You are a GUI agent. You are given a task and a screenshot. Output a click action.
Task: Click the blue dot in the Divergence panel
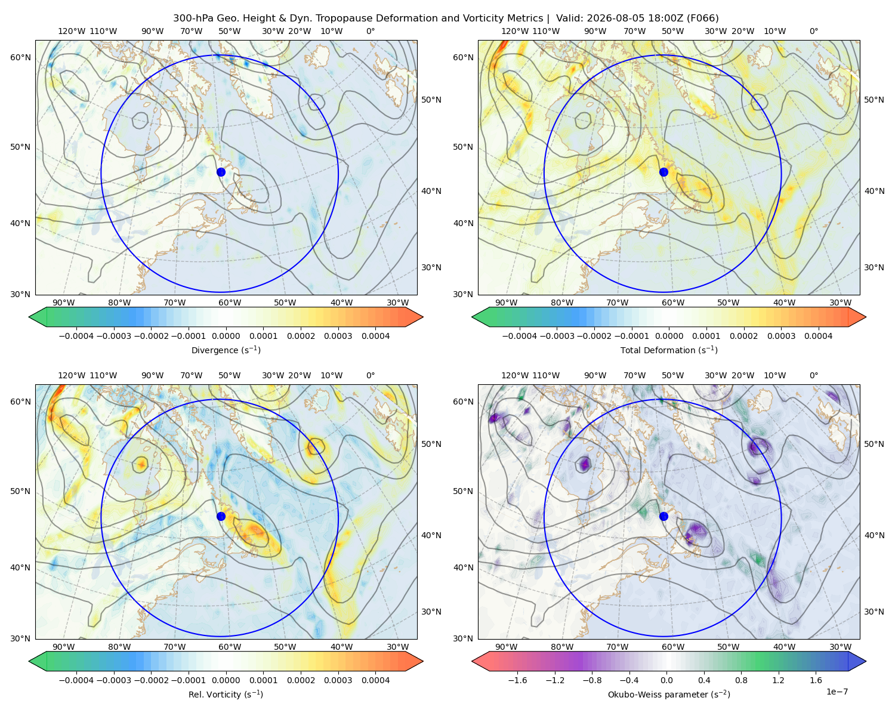click(x=221, y=172)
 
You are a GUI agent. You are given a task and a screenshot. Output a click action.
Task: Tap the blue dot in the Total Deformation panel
click(x=663, y=172)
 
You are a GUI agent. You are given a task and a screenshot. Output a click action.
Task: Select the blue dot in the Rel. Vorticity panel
click(x=221, y=516)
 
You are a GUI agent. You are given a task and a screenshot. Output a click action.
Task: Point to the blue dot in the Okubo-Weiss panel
click(x=663, y=516)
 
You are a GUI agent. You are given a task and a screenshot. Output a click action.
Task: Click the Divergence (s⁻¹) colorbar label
click(x=226, y=350)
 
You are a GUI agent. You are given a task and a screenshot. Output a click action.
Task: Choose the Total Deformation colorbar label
click(x=669, y=350)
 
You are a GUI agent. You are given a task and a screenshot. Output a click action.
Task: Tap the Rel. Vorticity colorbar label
click(x=226, y=695)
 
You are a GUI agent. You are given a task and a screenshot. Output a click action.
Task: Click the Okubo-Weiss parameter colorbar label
click(x=669, y=695)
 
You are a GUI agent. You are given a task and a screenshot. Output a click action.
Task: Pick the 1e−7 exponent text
click(x=837, y=692)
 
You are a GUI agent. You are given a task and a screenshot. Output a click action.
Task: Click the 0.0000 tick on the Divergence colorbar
click(x=226, y=336)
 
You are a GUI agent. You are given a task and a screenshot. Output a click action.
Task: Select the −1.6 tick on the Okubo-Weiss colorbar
click(x=517, y=680)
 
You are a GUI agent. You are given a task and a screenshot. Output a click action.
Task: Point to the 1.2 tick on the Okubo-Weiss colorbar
click(x=778, y=680)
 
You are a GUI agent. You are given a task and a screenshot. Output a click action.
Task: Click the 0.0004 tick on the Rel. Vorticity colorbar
click(x=375, y=680)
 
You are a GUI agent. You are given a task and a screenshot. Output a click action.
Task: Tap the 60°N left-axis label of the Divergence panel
click(x=20, y=57)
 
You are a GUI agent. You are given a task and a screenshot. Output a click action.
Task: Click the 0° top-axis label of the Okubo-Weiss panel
click(x=814, y=375)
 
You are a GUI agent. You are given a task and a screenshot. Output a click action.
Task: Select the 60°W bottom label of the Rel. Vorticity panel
click(x=230, y=647)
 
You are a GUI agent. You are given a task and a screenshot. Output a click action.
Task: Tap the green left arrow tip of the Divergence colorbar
click(x=29, y=317)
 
